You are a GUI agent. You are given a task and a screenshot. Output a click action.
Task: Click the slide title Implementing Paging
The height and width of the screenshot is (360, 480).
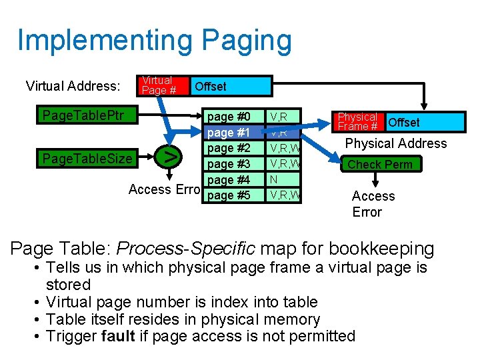pos(154,41)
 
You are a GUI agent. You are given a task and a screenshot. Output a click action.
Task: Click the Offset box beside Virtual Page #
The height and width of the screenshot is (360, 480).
pos(230,86)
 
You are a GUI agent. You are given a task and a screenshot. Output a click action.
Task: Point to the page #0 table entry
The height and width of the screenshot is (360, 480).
pos(229,116)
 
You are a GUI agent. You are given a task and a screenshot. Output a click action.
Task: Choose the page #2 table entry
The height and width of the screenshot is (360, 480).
pos(229,148)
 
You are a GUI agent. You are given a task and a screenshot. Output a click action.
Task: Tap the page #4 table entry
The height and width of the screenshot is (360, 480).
pos(229,180)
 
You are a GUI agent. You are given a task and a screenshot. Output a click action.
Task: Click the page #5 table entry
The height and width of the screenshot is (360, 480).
pos(229,196)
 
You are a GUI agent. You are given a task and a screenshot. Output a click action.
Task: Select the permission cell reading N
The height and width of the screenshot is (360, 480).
pos(284,180)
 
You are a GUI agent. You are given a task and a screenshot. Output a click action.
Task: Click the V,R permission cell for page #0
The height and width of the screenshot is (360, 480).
pos(284,116)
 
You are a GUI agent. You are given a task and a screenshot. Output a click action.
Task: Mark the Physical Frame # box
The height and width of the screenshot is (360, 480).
pos(358,121)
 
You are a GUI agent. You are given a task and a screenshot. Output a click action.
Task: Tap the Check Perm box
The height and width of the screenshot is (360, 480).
pos(380,164)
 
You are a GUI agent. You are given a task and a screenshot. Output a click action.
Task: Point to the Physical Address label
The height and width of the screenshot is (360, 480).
pos(396,143)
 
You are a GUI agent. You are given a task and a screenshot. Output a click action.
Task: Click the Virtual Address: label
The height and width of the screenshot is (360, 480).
pos(73,86)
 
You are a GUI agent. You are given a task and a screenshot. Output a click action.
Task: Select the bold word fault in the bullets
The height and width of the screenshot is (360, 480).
pos(119,335)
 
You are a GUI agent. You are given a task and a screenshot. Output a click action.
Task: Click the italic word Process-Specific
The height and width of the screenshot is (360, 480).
pos(185,249)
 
